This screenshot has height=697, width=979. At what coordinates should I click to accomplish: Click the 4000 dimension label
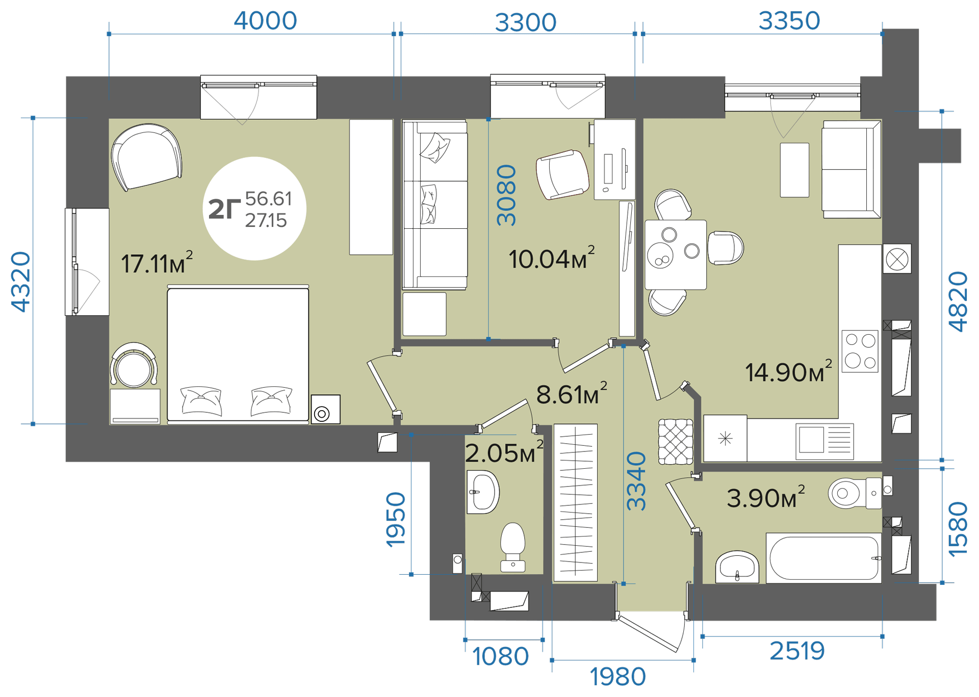pos(265,21)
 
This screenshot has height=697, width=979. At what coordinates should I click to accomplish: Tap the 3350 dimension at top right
pos(789,21)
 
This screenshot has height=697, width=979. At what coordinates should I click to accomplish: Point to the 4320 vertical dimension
pos(21,282)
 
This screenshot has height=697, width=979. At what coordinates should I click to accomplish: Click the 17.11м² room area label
pos(157,263)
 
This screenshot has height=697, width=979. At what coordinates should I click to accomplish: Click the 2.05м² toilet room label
pos(504,452)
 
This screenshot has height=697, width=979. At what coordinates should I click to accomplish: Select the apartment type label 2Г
pos(224,209)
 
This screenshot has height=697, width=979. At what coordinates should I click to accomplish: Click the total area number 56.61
pos(269,198)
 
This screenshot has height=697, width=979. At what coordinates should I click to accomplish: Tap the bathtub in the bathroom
pos(823,558)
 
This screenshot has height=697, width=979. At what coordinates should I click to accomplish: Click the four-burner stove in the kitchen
pos(860,351)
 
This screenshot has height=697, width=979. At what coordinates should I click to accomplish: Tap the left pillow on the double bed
pos(201,401)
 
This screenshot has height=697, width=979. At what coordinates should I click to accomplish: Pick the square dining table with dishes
pos(676,255)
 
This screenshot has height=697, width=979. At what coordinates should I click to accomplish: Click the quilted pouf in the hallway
pos(676,442)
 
